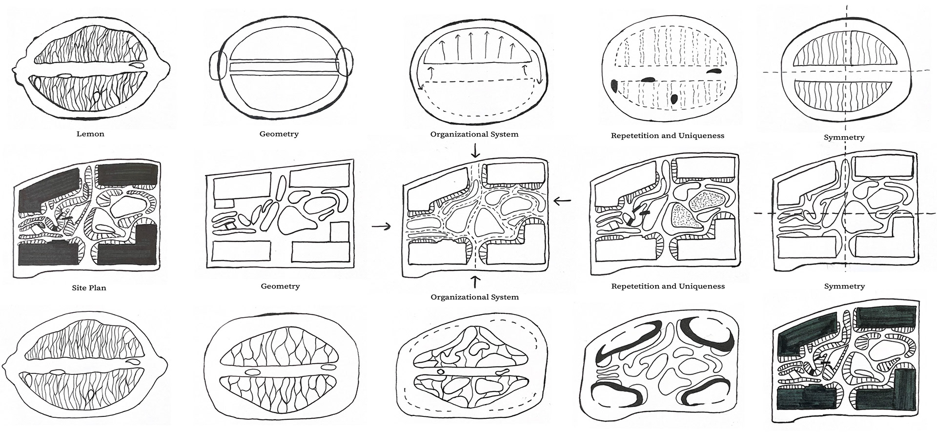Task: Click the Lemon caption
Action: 90,134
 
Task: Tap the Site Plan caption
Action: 89,288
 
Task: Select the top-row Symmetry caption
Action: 844,138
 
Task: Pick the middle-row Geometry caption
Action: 280,287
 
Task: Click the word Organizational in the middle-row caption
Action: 457,297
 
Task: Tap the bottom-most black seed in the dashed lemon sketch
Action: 674,99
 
